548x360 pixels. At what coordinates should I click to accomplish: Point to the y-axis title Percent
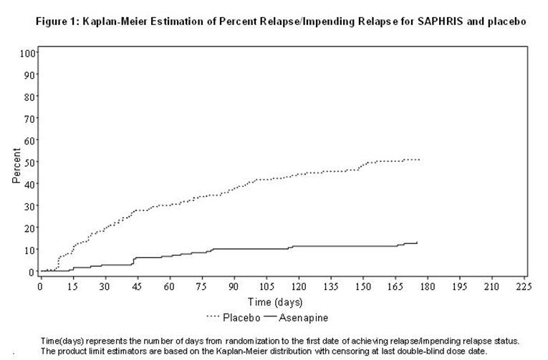tap(16, 166)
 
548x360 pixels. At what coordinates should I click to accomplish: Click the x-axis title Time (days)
tap(276, 301)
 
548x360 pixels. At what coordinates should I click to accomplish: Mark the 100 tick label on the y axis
tap(28, 53)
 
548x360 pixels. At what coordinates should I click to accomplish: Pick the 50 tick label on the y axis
tap(30, 162)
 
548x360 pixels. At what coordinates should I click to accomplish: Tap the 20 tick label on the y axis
tap(30, 228)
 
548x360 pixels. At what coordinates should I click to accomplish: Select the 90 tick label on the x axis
tap(234, 286)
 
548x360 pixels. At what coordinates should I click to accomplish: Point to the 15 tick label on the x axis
tap(72, 286)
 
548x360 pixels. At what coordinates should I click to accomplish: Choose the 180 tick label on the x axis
tap(427, 286)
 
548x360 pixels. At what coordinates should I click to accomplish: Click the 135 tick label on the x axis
tap(330, 286)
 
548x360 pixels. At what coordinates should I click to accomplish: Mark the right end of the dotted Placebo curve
tap(420, 160)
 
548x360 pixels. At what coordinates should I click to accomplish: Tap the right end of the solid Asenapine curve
tap(417, 243)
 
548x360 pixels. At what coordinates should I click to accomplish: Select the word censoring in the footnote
tap(354, 351)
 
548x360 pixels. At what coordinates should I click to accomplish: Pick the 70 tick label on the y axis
tap(30, 119)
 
